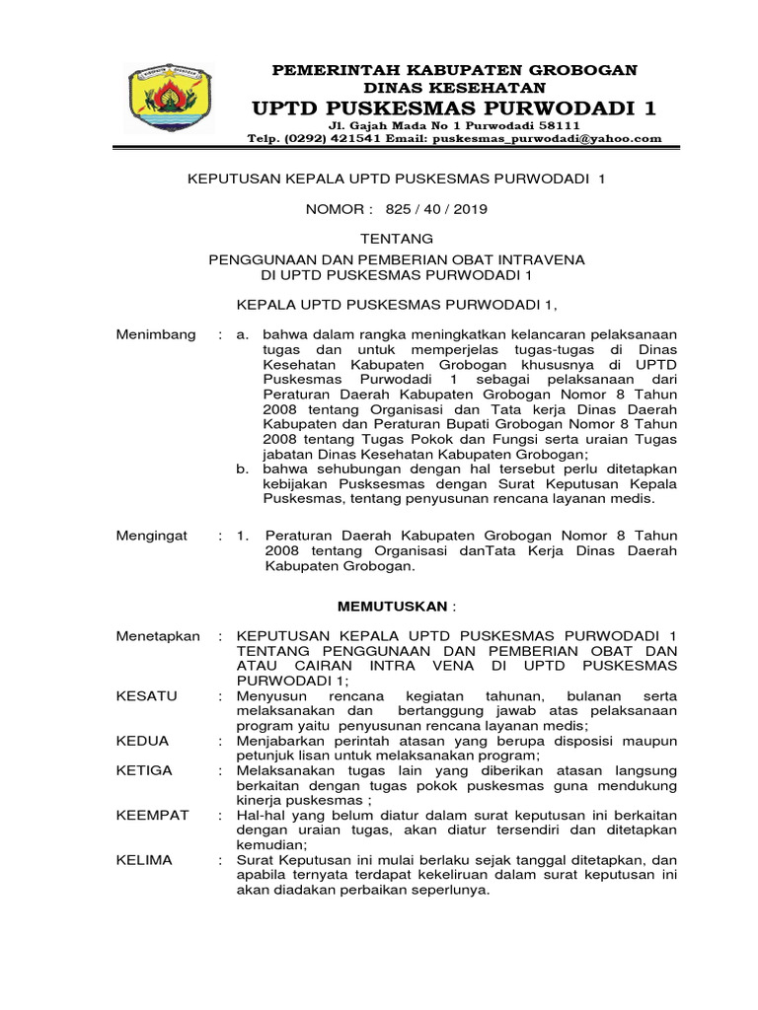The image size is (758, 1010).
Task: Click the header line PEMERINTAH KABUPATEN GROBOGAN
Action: (455, 70)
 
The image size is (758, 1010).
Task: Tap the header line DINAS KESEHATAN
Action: (455, 88)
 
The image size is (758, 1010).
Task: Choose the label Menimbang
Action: (156, 334)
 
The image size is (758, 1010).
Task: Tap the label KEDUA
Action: (143, 740)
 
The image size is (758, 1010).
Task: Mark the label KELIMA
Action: (144, 859)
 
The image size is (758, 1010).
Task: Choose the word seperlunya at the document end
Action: (444, 890)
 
